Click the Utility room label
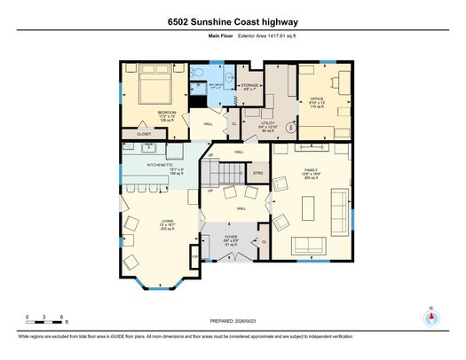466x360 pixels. tap(268, 125)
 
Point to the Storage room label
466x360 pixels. tap(249, 85)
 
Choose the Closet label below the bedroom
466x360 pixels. tap(143, 133)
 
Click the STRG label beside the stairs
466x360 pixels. tap(257, 173)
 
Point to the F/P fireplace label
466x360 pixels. tap(194, 258)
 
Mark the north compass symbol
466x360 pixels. tap(431, 320)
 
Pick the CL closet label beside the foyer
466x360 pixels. tap(264, 242)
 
